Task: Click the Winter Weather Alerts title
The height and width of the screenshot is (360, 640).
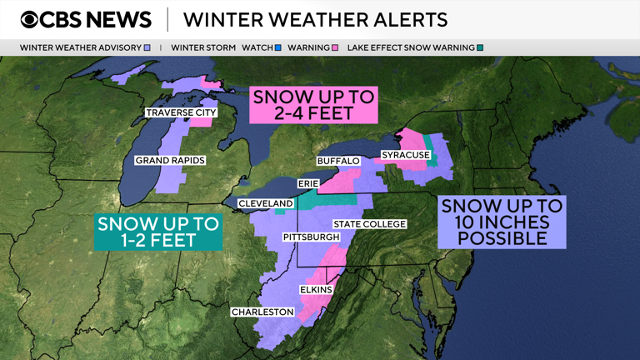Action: tap(315, 20)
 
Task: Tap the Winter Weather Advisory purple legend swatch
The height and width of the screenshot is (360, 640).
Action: tap(147, 48)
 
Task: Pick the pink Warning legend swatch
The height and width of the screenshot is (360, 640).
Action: tap(334, 48)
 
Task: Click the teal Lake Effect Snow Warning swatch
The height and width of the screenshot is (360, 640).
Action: tap(480, 48)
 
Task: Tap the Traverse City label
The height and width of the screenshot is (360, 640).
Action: tap(181, 112)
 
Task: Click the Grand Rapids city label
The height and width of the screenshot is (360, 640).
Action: tap(170, 160)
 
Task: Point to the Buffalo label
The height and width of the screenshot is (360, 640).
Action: tap(337, 160)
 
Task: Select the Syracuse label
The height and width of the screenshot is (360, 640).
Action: tap(406, 155)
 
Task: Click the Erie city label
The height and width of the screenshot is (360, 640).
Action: tap(308, 183)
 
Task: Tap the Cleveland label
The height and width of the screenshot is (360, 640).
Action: tap(266, 203)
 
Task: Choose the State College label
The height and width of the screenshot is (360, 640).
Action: tap(369, 224)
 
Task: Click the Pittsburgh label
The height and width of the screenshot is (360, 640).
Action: tap(311, 237)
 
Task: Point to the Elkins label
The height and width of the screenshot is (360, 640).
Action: tap(316, 290)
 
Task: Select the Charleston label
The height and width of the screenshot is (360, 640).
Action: tap(262, 312)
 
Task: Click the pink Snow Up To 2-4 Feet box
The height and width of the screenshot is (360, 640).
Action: tap(314, 104)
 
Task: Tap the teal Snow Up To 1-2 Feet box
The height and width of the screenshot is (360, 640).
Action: tap(157, 232)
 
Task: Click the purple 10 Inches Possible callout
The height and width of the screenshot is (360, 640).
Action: tap(501, 222)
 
